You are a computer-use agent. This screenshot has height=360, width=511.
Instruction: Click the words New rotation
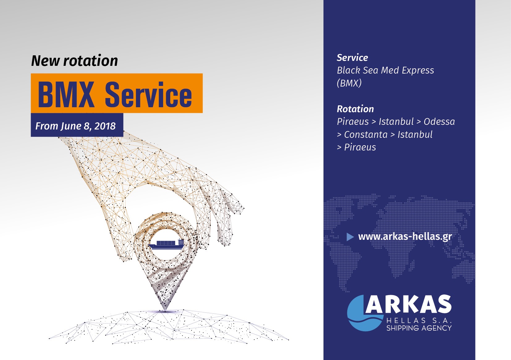pos(74,61)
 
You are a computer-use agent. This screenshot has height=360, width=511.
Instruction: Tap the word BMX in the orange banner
pos(66,94)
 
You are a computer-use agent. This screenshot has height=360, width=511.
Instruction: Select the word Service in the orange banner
pos(148,94)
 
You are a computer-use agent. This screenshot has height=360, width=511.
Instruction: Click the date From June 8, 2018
pos(75,126)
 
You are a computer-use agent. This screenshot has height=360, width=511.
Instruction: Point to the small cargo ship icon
pos(166,244)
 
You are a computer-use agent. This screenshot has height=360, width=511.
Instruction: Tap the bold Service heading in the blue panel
pos(353,58)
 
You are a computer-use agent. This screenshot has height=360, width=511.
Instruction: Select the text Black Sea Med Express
pos(386,70)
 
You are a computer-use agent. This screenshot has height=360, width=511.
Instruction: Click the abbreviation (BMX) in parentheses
pos(349,83)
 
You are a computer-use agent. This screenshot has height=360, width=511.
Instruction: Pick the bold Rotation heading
pos(355,109)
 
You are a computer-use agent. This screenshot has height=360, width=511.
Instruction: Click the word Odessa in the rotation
pos(439,122)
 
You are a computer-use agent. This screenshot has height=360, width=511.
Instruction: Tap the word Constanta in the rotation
pos(366,135)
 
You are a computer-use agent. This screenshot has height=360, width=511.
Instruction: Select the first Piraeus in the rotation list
pos(353,122)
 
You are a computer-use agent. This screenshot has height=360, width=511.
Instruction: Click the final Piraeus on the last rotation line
pos(360,147)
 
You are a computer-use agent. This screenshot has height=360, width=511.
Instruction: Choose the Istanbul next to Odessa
pos(396,122)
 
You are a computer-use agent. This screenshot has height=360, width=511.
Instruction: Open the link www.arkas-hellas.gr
pos(405,237)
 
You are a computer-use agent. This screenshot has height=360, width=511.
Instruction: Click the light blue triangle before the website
pos(350,237)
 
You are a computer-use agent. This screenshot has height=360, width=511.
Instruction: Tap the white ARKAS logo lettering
pos(408,304)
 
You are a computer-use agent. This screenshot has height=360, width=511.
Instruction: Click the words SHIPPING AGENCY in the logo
pos(419,328)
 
